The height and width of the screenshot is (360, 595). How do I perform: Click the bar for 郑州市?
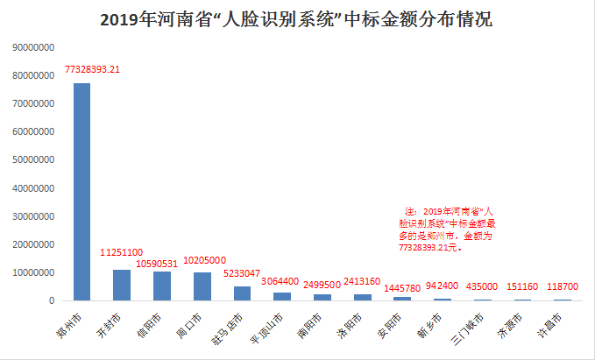[81, 192]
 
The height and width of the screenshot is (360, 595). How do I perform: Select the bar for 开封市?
[122, 285]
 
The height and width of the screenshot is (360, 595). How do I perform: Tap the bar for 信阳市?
[161, 286]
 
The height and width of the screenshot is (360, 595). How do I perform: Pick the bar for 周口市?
[202, 286]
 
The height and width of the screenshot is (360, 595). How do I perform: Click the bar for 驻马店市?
[242, 293]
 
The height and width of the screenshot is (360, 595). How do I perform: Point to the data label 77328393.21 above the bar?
[104, 69]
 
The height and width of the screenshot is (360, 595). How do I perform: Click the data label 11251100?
[121, 252]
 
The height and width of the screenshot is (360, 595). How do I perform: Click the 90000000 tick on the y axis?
[34, 48]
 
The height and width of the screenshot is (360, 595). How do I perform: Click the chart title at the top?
[297, 19]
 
